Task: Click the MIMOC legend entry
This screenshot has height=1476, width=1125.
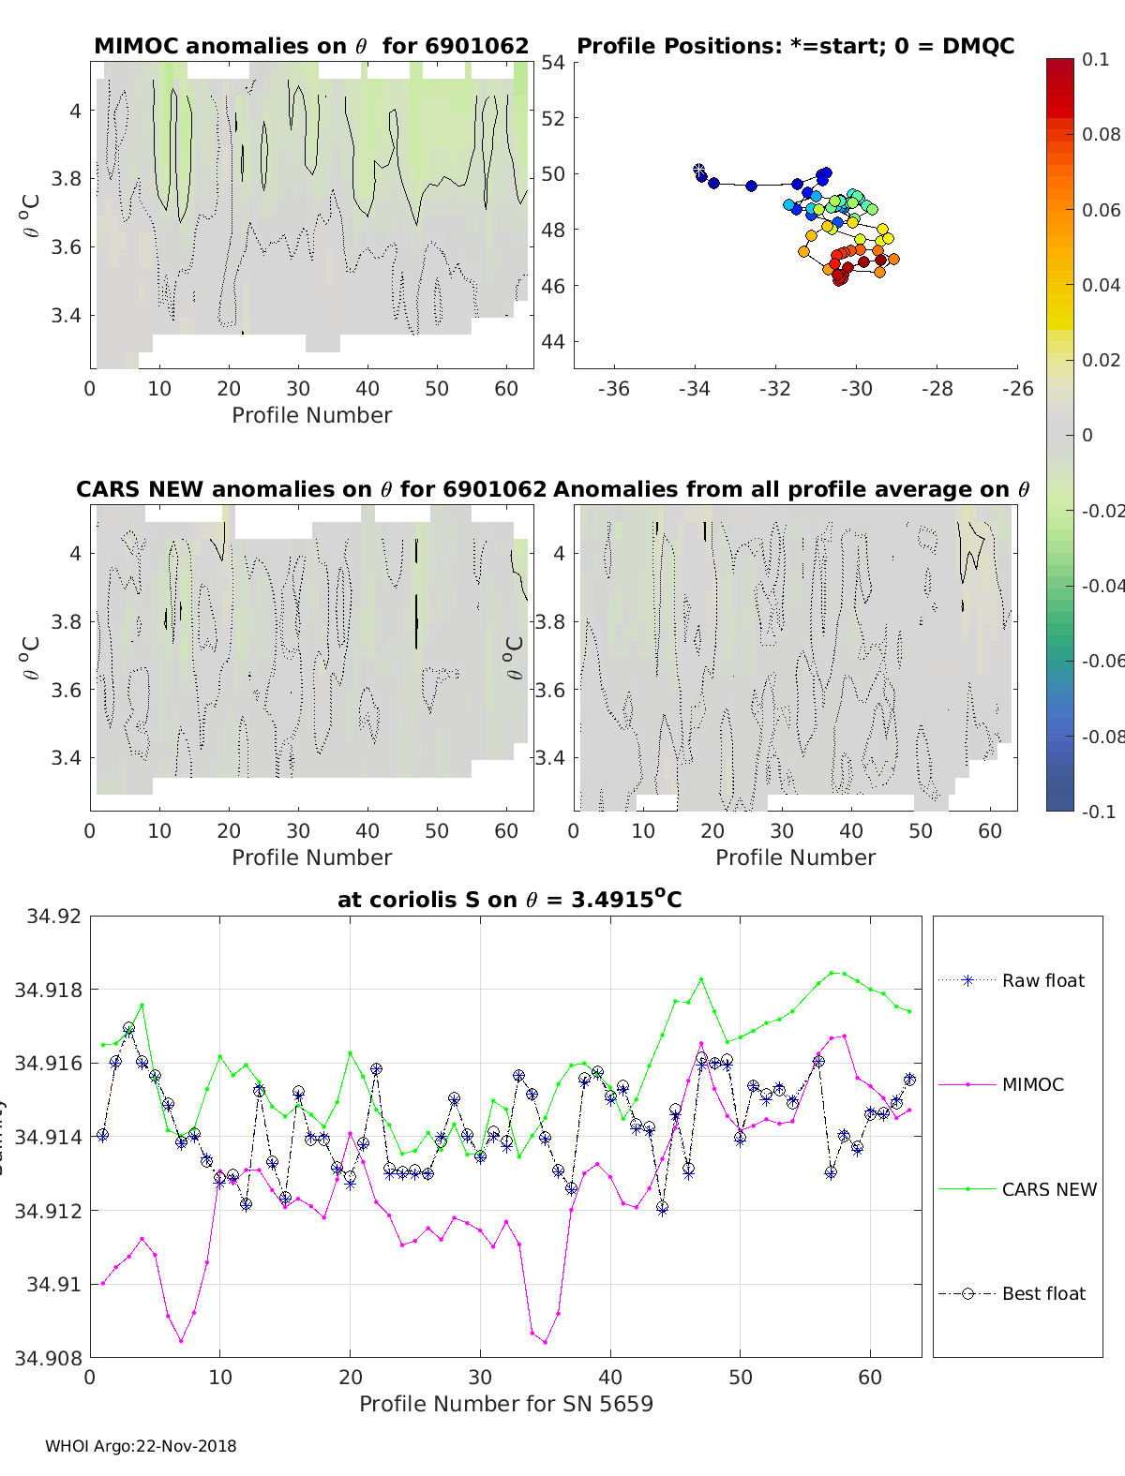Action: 1032,1085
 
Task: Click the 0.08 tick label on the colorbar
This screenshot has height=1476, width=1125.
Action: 1101,134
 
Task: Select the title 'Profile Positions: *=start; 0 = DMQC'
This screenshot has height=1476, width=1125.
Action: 795,46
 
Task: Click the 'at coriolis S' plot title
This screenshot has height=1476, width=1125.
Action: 509,900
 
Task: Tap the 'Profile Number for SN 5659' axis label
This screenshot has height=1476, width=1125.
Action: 506,1404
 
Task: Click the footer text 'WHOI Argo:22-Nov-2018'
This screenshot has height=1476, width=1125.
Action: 141,1446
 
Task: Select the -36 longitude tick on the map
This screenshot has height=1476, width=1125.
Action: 614,390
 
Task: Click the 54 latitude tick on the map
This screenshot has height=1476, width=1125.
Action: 553,63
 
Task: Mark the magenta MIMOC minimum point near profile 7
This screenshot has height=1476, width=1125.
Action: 181,1341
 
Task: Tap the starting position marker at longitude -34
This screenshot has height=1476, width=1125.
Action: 698,170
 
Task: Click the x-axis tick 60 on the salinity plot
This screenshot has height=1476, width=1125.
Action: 870,1378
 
